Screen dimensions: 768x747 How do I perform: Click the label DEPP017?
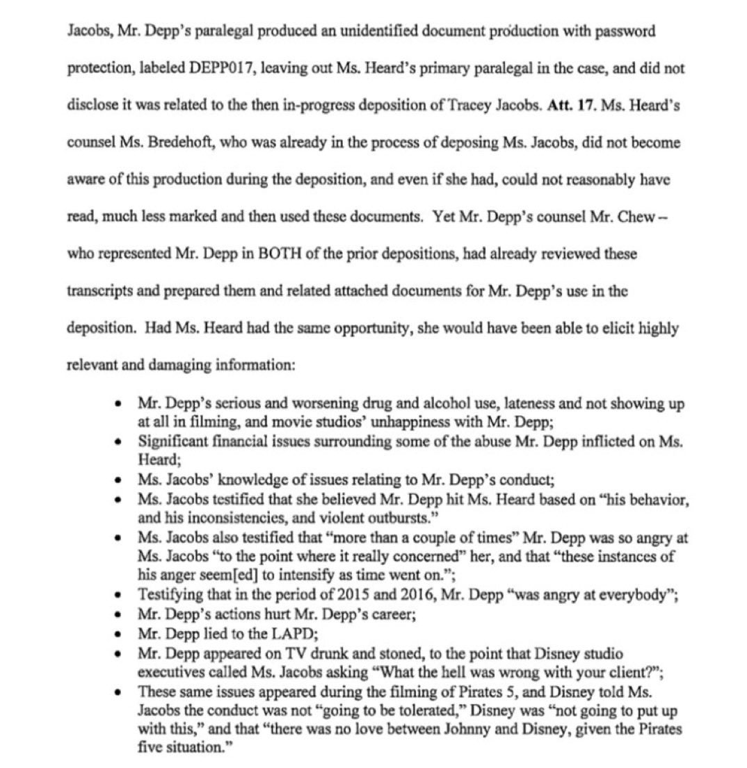point(219,68)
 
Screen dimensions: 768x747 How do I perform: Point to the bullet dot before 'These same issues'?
point(122,692)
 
